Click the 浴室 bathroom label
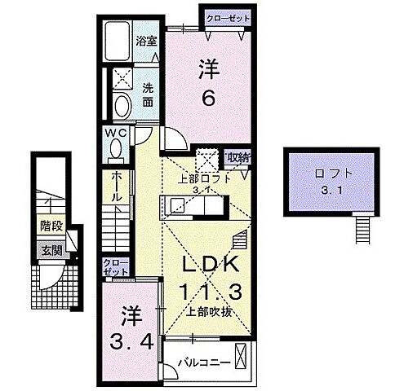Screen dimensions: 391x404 coord(148,39)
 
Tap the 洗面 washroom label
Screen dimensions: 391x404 coord(148,96)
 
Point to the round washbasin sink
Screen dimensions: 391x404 coord(122,106)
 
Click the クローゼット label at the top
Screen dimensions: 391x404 coord(224,16)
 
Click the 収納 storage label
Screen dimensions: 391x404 coord(238,158)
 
